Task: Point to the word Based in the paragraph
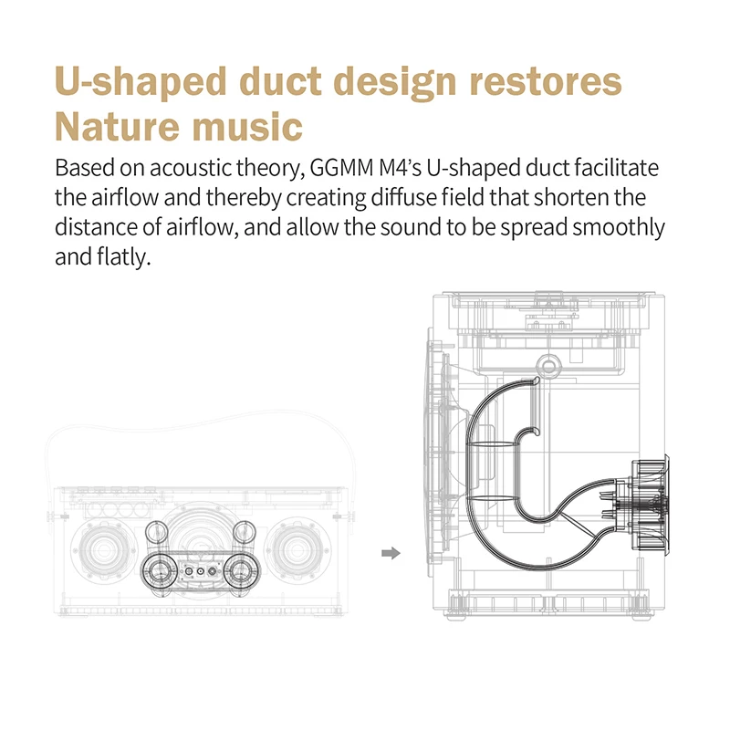click(x=80, y=170)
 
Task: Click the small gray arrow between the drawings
click(x=391, y=552)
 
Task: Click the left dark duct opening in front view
click(x=159, y=572)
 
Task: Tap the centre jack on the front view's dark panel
click(x=199, y=572)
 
